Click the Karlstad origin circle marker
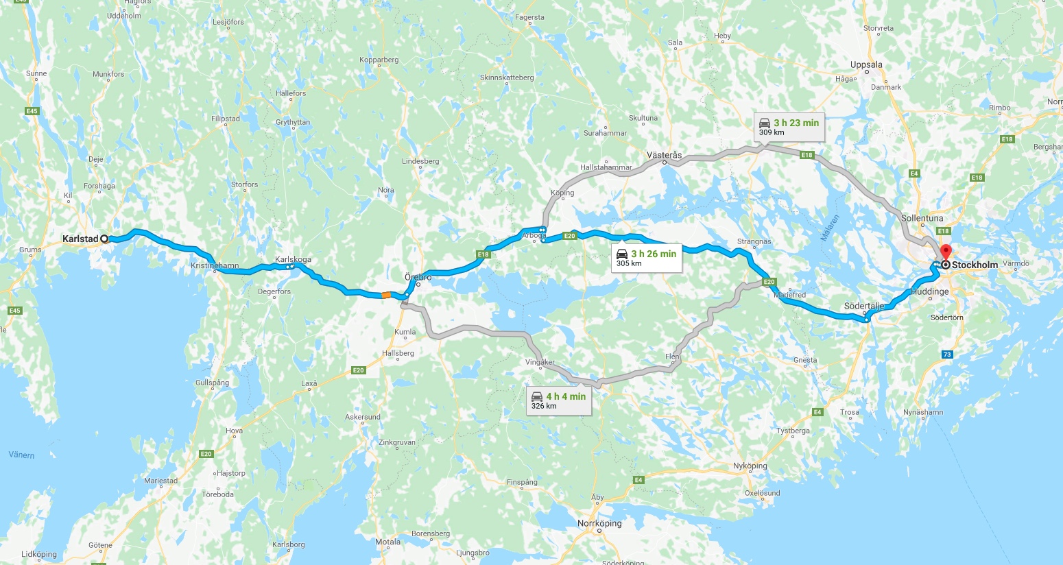pos(104,239)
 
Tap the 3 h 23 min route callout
pos(789,126)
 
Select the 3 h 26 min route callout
pos(647,258)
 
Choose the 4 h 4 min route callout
pos(559,400)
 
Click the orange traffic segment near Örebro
pos(386,295)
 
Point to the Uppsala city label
pos(866,64)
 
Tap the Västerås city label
pos(664,155)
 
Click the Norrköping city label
pos(599,523)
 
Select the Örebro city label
pos(418,277)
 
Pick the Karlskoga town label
pos(293,259)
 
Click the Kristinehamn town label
pos(215,265)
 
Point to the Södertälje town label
pos(863,306)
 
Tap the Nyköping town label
pos(750,466)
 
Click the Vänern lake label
pos(21,455)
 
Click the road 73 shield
pos(947,354)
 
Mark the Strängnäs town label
pos(754,241)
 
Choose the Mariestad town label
pos(160,481)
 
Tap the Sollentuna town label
pos(922,218)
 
